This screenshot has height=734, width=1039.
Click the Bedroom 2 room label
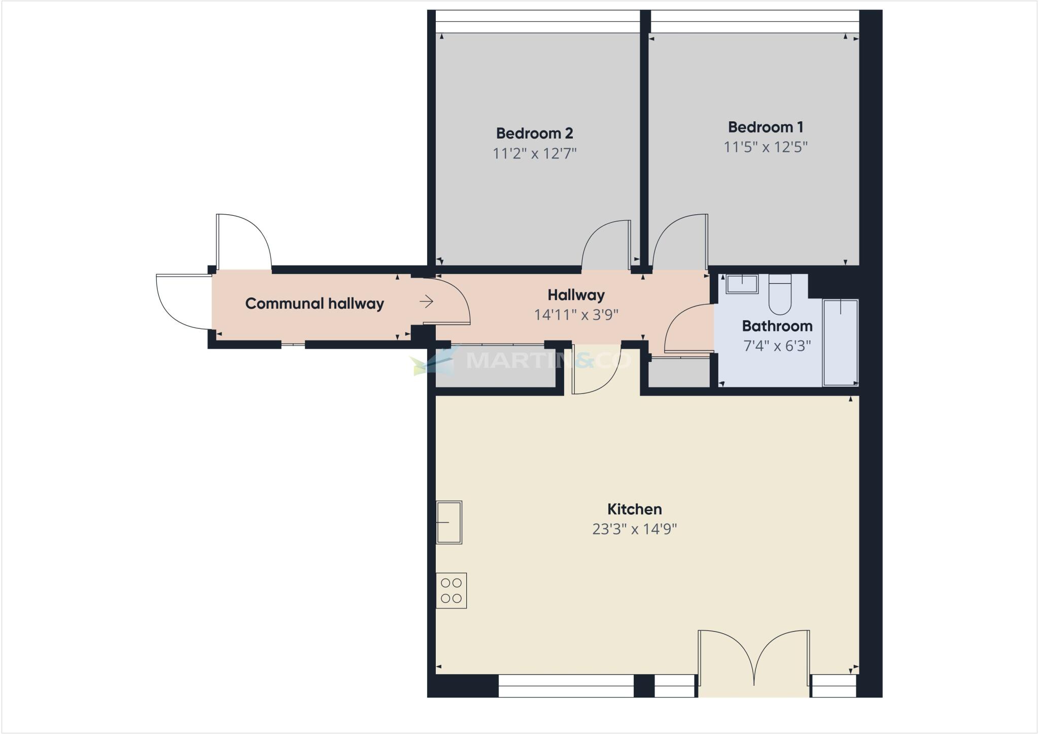click(x=534, y=134)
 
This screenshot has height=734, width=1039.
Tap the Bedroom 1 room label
click(x=765, y=127)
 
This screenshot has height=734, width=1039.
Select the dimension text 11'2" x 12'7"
click(x=534, y=153)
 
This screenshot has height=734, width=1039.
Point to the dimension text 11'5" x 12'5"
click(x=765, y=147)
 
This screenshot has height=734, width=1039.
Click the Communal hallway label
click(x=315, y=304)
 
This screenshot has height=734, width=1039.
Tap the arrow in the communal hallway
click(x=426, y=302)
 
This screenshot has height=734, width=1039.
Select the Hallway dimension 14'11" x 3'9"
click(x=576, y=315)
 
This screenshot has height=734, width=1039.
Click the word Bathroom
click(x=777, y=326)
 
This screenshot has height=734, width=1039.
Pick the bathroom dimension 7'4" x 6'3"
click(x=777, y=346)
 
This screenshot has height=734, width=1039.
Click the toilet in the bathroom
click(x=780, y=294)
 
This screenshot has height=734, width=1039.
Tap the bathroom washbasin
click(x=742, y=284)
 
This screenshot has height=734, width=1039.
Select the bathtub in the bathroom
click(x=840, y=343)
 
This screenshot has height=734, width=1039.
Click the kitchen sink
click(x=449, y=522)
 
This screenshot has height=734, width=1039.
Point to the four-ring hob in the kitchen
click(x=451, y=590)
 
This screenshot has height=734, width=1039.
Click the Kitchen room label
click(x=634, y=509)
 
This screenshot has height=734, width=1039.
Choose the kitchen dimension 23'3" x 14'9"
click(x=634, y=529)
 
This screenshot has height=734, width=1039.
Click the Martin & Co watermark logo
click(x=523, y=360)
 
